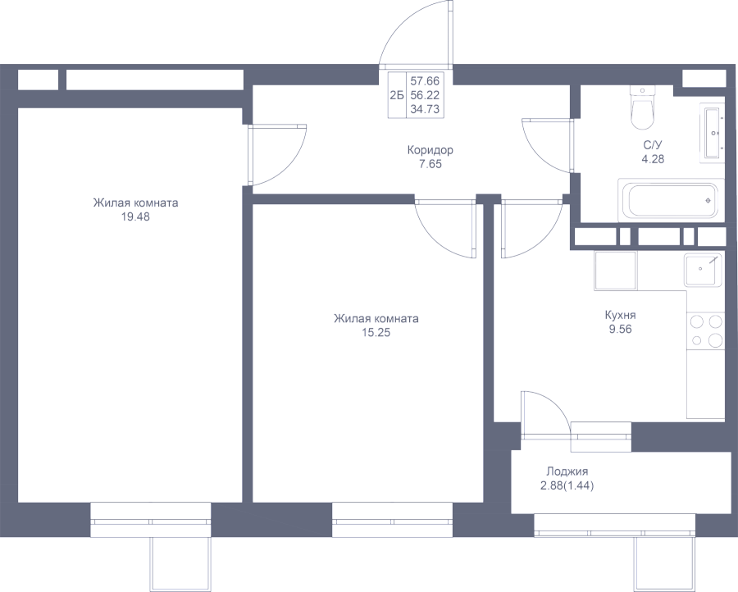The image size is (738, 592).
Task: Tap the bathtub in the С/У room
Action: [x=669, y=200]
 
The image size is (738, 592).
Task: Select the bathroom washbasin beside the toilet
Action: [x=711, y=132]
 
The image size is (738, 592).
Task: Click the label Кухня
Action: [x=620, y=315]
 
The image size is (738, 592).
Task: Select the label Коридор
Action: [x=430, y=151]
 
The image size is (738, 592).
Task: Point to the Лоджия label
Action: [x=567, y=471]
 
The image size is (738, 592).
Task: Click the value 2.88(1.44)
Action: [x=567, y=485]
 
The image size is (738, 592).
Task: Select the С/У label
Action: [x=654, y=146]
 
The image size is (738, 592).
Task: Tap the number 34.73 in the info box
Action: [x=425, y=108]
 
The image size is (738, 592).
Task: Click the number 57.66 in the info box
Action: [x=425, y=80]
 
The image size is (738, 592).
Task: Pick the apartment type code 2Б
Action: [x=397, y=94]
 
